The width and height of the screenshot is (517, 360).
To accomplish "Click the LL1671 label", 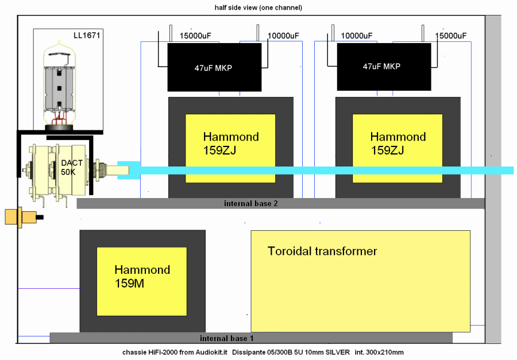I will pos(86,36).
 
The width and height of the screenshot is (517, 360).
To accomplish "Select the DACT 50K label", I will pos(72,167).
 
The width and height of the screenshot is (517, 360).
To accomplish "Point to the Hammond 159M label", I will pos(142,276).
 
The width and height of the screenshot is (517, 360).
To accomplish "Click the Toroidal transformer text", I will pos(322,251).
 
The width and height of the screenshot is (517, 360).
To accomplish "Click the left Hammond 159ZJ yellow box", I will pos(230,148).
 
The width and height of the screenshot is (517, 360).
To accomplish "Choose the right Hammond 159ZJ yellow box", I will pos(398,148).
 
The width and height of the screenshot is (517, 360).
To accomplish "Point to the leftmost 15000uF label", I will pos(195,36).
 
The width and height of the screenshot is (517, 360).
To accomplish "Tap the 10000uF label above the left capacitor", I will pos(283,36).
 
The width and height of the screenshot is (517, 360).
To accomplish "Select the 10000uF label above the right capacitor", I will pos(356,36).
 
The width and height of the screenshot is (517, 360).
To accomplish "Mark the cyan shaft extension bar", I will pos(322,171).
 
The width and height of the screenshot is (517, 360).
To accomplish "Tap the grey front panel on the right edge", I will pos(493,172).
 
